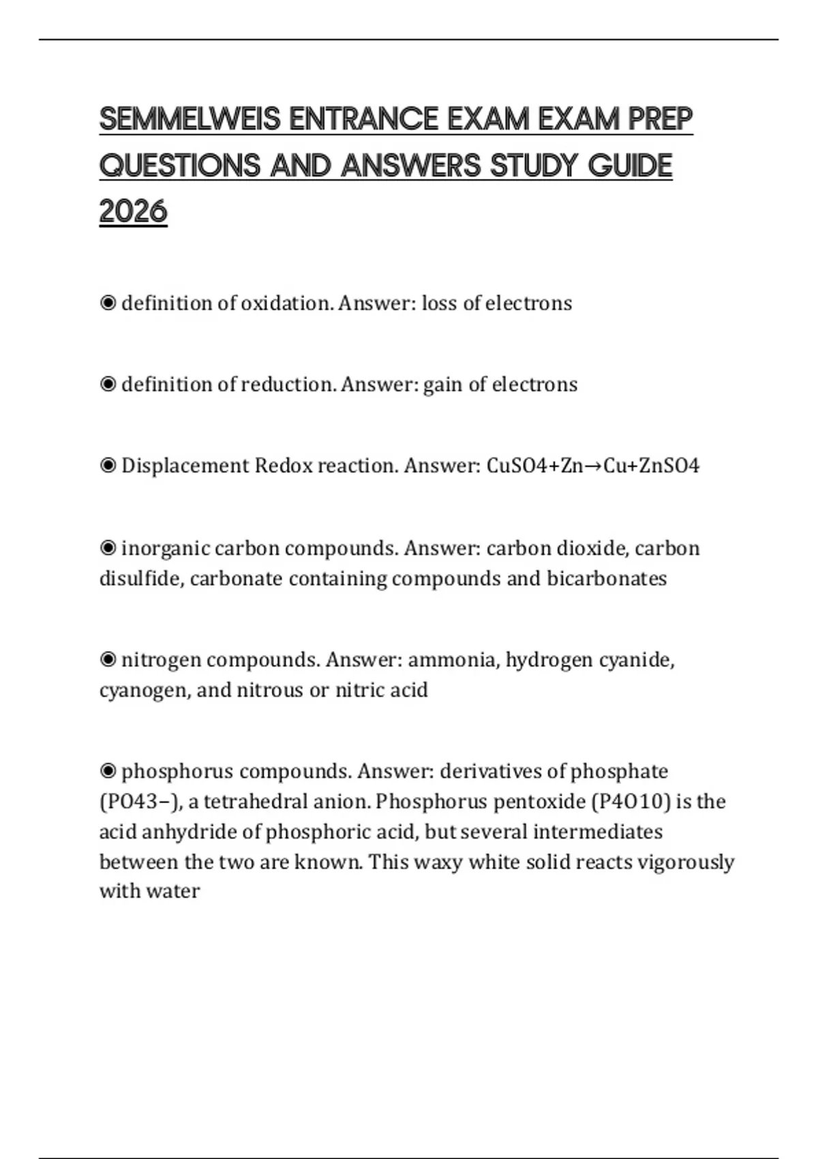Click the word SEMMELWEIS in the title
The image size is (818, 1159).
click(190, 119)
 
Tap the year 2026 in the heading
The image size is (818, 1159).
click(133, 211)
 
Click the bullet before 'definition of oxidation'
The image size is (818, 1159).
click(108, 303)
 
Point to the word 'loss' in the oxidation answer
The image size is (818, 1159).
click(439, 303)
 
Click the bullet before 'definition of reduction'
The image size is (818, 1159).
click(108, 385)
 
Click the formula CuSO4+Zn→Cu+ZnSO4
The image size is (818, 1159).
click(593, 466)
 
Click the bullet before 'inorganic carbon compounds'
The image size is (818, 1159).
click(108, 548)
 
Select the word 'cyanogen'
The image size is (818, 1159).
click(145, 691)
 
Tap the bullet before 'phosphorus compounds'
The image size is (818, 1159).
click(108, 771)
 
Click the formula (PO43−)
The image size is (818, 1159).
click(140, 802)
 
